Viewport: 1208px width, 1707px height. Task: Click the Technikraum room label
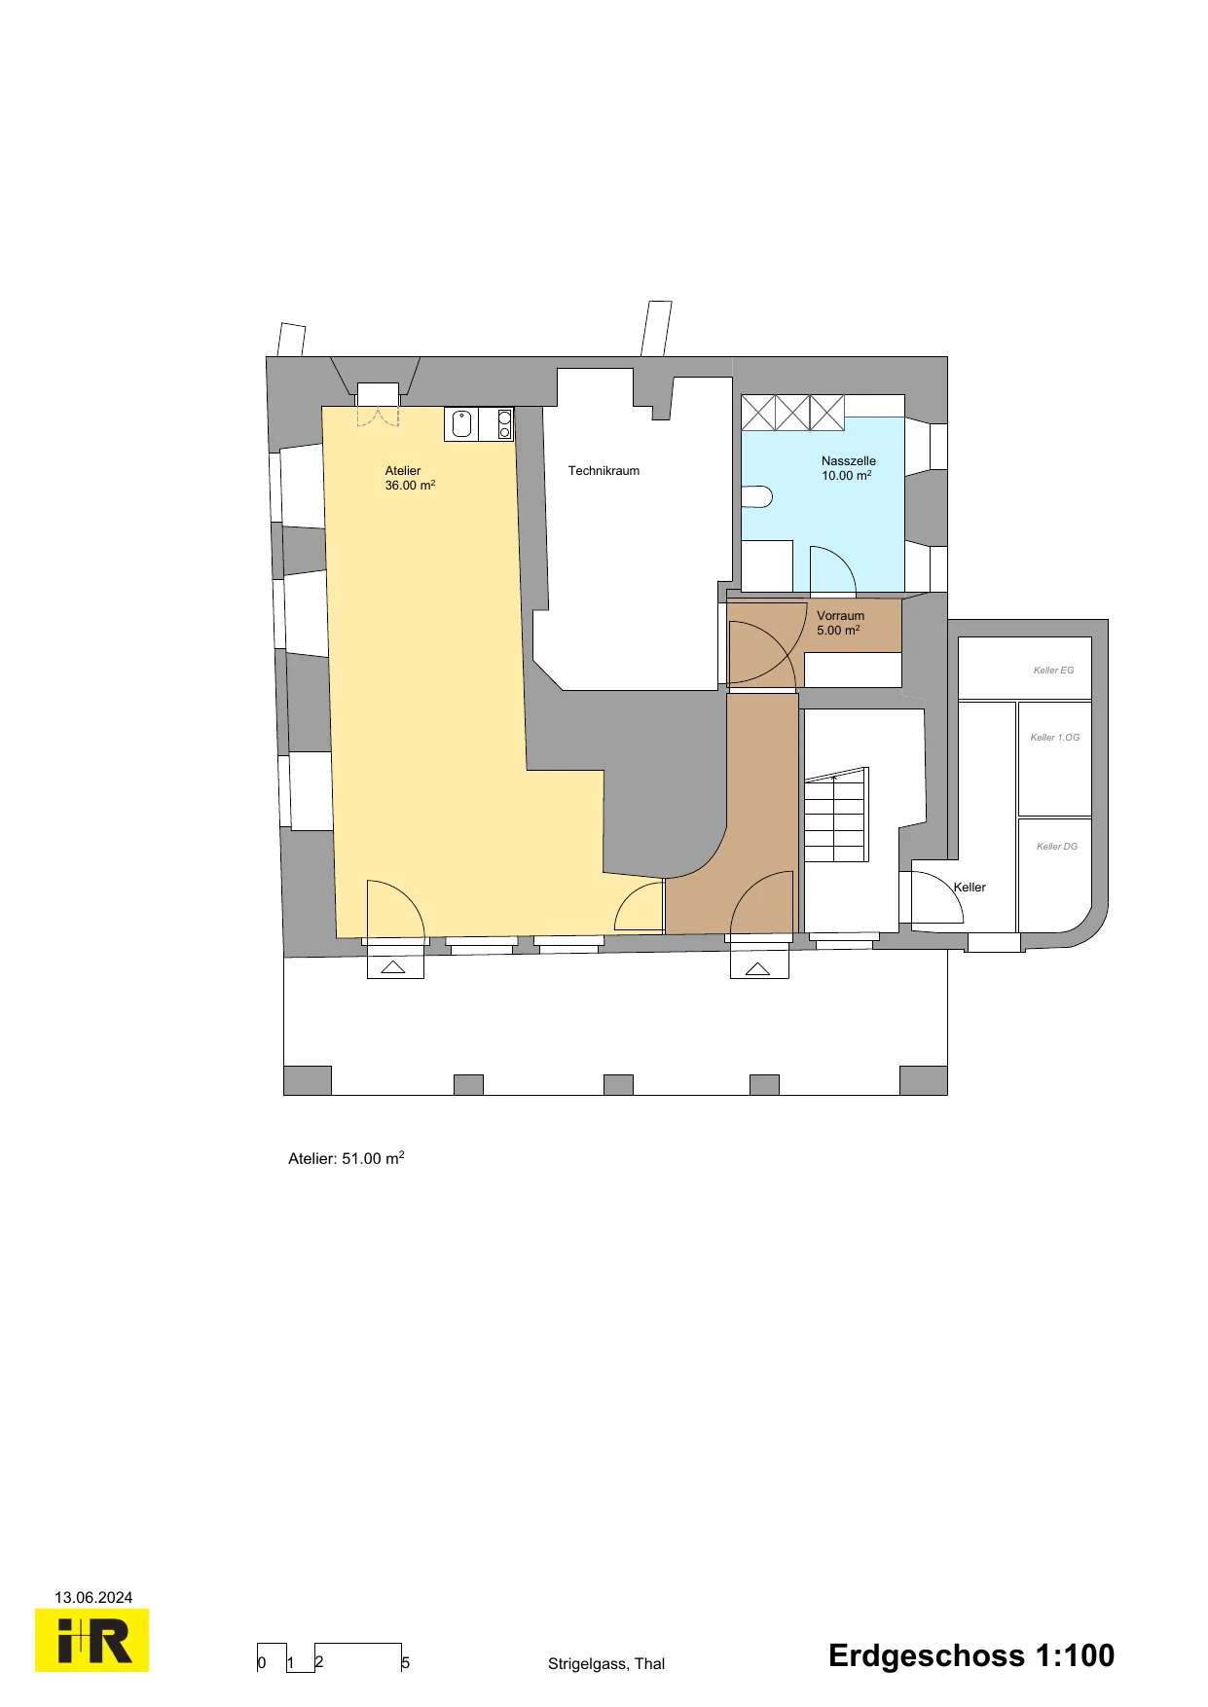[604, 471]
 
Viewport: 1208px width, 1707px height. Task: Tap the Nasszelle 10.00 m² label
[848, 468]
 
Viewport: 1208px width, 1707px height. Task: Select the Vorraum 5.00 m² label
[840, 623]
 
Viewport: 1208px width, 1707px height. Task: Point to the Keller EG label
[1053, 671]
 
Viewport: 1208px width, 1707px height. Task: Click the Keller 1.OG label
[1055, 738]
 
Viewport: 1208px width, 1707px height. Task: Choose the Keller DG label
[1057, 847]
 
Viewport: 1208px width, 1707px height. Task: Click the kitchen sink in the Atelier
[462, 424]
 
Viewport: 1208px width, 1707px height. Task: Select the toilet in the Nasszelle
[756, 497]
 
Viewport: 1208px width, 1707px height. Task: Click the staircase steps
[835, 816]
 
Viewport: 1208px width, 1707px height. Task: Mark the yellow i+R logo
[92, 1640]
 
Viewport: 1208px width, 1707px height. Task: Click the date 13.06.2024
[93, 1597]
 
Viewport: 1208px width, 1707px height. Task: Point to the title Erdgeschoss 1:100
[971, 1655]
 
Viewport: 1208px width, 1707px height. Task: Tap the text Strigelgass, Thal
[606, 1663]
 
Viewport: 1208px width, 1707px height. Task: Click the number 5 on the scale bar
[406, 1663]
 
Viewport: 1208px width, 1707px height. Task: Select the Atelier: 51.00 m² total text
[347, 1158]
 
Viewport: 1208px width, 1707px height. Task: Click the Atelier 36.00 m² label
[410, 478]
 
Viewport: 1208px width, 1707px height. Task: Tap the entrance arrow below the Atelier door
[393, 967]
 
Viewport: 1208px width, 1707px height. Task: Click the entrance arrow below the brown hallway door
[757, 968]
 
